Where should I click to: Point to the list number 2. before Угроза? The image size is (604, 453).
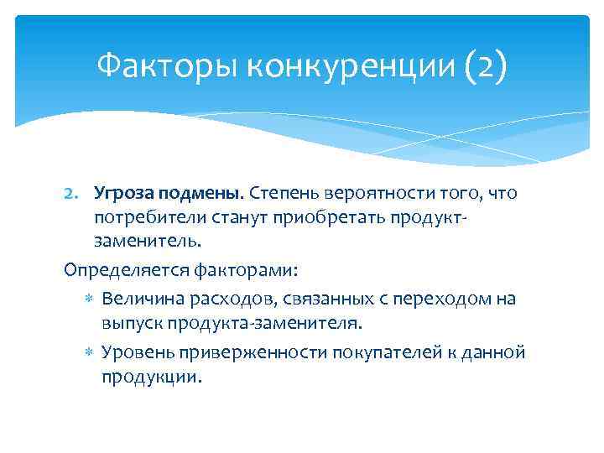(x=75, y=194)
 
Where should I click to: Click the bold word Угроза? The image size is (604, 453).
(x=125, y=194)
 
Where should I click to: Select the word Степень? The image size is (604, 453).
(x=284, y=194)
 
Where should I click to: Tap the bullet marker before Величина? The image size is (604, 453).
(x=90, y=299)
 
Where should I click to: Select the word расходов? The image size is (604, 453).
(x=226, y=299)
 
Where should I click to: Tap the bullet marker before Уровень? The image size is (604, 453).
(x=90, y=351)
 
